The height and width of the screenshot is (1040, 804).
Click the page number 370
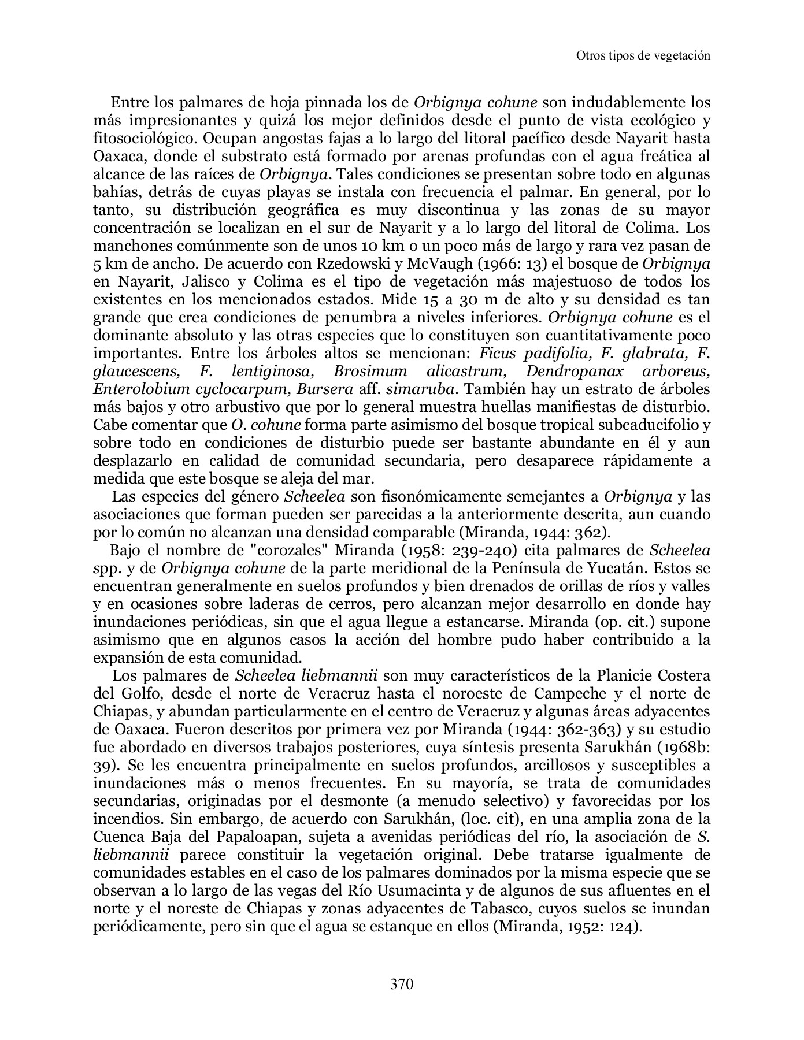(402, 983)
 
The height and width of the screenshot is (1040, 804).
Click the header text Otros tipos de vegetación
(643, 55)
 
